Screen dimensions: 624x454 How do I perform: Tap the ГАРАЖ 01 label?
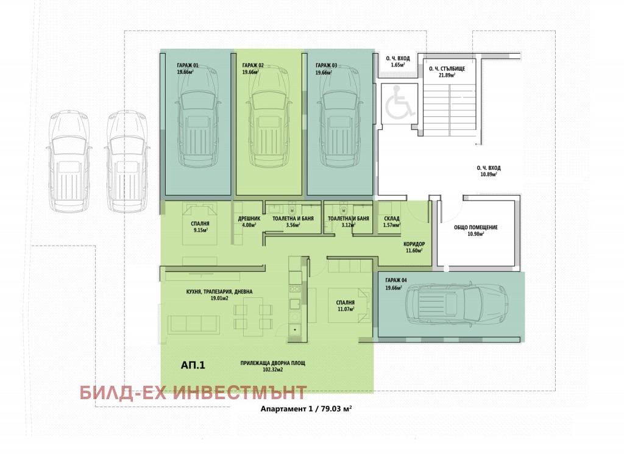point(188,66)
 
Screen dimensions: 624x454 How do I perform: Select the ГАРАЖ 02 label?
point(253,66)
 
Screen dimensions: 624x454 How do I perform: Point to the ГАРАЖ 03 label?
point(326,66)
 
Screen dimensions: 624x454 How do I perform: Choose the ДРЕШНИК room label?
point(249,218)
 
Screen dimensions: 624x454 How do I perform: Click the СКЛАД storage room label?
point(392,218)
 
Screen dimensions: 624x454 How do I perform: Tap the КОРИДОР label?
point(414,244)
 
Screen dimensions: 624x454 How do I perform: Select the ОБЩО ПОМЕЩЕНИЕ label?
point(475,227)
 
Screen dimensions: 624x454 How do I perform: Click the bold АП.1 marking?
point(193,365)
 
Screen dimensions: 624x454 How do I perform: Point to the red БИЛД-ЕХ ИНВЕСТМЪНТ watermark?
point(193,392)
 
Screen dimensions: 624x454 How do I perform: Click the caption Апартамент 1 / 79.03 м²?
point(306,409)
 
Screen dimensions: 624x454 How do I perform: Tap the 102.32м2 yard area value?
point(272,370)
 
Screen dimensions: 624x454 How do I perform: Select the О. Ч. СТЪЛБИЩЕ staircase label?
point(447,68)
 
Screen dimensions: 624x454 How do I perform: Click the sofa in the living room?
point(194,325)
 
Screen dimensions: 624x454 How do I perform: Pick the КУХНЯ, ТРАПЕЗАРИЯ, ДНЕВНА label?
point(219,292)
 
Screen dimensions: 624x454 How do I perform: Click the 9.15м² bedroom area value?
point(200,230)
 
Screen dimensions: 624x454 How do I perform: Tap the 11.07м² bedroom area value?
point(346,309)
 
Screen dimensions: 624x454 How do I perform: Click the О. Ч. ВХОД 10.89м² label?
point(489,171)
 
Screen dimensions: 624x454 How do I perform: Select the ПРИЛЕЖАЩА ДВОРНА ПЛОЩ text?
point(272,363)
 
